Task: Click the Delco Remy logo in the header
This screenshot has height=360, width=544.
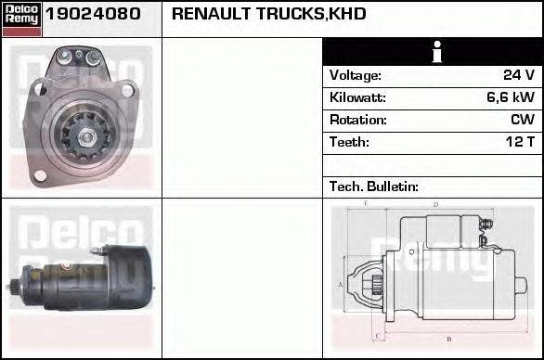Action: [x=21, y=19]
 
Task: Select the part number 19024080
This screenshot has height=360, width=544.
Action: [x=93, y=14]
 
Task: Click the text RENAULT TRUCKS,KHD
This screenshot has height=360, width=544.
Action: [x=269, y=14]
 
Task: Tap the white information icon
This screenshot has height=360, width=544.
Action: [x=437, y=52]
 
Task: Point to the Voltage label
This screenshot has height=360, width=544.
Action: [x=356, y=75]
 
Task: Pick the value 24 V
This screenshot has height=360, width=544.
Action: [x=519, y=75]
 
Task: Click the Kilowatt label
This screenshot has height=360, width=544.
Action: [x=357, y=97]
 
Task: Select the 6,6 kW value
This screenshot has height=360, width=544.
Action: [x=511, y=97]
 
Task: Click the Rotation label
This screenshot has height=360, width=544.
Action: [x=358, y=120]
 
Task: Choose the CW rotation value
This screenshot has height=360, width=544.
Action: [x=523, y=120]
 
